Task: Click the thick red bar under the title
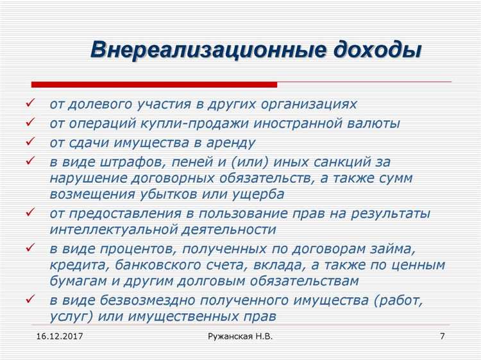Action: pos(154,84)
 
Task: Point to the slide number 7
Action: pos(443,336)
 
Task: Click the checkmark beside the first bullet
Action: pos(30,103)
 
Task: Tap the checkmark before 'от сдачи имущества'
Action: pos(30,141)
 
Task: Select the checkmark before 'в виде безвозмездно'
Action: pos(30,299)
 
